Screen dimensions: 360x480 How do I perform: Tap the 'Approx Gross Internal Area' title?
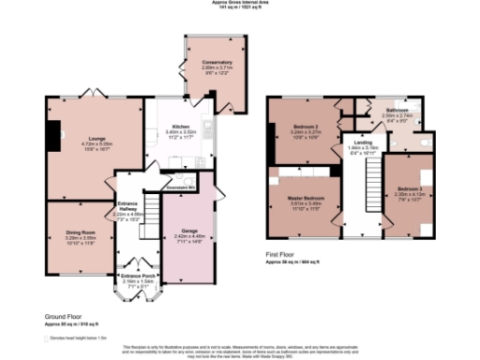tap(241, 4)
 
